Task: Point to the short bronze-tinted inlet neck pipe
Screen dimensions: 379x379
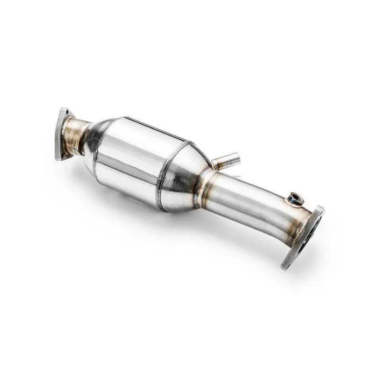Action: pyautogui.click(x=76, y=136)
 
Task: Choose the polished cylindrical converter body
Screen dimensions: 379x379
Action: pyautogui.click(x=130, y=161)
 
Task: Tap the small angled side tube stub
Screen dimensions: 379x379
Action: pyautogui.click(x=226, y=160)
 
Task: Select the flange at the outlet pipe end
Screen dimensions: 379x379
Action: pyautogui.click(x=303, y=237)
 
